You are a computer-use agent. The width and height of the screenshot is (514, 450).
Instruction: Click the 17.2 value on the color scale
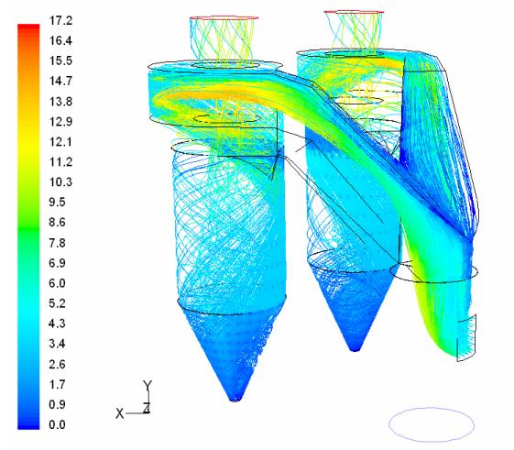pyautogui.click(x=60, y=21)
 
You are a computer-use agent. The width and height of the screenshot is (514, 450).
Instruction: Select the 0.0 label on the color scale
pyautogui.click(x=57, y=424)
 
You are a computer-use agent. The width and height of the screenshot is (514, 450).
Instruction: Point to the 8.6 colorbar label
pyautogui.click(x=57, y=223)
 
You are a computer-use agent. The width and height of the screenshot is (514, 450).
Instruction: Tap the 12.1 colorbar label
pyautogui.click(x=60, y=142)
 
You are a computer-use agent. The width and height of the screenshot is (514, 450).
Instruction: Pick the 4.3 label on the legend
pyautogui.click(x=57, y=324)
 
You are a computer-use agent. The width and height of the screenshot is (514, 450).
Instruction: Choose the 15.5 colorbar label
pyautogui.click(x=60, y=60)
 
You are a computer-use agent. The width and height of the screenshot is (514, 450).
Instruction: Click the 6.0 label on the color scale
pyautogui.click(x=57, y=283)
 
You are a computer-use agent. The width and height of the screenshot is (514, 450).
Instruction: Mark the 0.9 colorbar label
pyautogui.click(x=57, y=404)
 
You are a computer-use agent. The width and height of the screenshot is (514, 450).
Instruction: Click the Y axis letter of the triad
pyautogui.click(x=148, y=386)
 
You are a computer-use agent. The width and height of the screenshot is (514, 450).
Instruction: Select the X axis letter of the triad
pyautogui.click(x=120, y=413)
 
